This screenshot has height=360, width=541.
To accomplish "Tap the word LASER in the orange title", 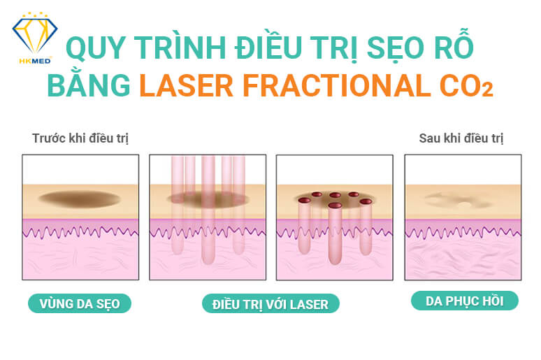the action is [x=187, y=85].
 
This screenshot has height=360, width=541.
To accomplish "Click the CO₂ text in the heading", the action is [x=466, y=85].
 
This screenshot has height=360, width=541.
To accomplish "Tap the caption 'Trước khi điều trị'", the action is [x=80, y=138].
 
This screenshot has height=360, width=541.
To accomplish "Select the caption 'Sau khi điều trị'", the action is [x=461, y=138].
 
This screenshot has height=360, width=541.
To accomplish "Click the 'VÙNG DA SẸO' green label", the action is [x=80, y=304].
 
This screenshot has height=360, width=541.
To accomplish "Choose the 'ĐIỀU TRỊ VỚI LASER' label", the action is [x=270, y=304].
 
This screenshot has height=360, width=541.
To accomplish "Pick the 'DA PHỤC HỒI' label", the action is [x=465, y=301].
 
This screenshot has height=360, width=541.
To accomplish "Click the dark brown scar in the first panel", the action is [x=80, y=199].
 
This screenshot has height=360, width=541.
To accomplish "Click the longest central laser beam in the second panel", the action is [x=208, y=210].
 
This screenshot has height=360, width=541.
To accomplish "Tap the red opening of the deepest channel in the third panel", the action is [x=335, y=206].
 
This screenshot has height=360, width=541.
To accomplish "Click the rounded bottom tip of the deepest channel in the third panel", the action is [x=335, y=263].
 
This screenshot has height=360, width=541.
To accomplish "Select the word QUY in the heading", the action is [x=95, y=48].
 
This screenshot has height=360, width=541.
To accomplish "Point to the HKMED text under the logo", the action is [x=35, y=62].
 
